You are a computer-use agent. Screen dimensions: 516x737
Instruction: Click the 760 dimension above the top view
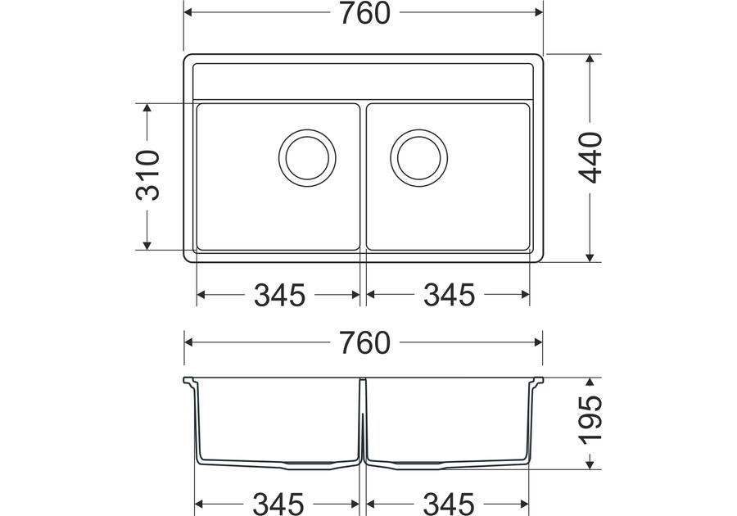coord(364,13)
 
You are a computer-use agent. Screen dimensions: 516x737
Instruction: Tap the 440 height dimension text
coord(590,157)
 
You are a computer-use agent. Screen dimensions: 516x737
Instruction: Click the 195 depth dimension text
coord(590,423)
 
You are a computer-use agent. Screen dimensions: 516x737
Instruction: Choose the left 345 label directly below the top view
coord(279,295)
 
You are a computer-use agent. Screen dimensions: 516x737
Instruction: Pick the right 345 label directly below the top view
coord(449,295)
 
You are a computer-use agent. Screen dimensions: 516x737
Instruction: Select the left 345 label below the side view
coord(279,502)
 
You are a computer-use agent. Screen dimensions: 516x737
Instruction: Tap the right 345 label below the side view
coord(449,502)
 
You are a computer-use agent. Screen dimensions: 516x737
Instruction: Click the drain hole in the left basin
coord(307,156)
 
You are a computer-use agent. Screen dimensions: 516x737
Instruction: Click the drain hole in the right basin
coord(418,156)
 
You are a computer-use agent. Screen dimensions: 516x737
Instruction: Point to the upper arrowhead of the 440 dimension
coord(590,60)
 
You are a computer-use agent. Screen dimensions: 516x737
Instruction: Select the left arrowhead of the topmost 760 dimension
coord(189,13)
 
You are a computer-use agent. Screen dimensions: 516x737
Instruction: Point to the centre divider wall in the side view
coord(363,426)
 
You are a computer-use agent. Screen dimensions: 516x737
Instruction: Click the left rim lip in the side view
coord(188,382)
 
